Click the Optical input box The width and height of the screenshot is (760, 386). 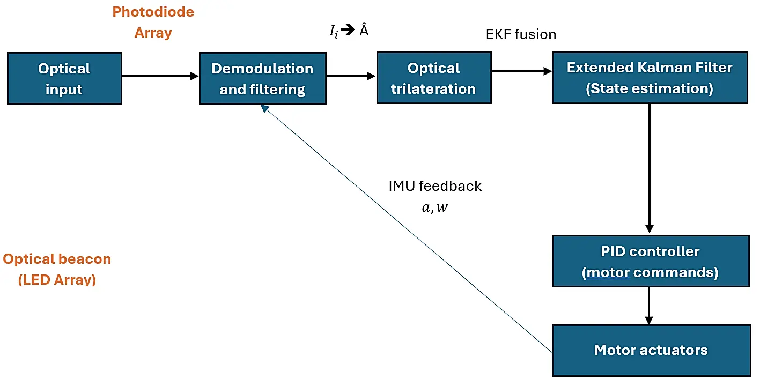click(x=64, y=78)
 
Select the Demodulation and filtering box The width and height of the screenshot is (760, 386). click(x=262, y=78)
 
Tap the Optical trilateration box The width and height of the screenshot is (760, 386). click(x=433, y=78)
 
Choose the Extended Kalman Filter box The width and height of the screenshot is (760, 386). click(x=650, y=78)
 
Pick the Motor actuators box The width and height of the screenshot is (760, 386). click(x=651, y=350)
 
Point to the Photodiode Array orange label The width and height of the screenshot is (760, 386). click(x=153, y=22)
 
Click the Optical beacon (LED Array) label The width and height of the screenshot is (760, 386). click(x=57, y=269)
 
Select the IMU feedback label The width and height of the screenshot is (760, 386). click(x=435, y=186)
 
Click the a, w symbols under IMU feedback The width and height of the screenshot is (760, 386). click(x=434, y=207)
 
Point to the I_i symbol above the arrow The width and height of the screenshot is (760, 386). click(x=334, y=32)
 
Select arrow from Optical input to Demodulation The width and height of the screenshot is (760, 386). click(x=160, y=76)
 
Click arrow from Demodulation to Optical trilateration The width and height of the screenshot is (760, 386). click(x=351, y=76)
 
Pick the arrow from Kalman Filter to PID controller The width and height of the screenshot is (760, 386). click(x=650, y=166)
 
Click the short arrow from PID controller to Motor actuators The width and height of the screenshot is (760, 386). click(x=650, y=306)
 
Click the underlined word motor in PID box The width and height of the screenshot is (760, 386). click(x=608, y=272)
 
